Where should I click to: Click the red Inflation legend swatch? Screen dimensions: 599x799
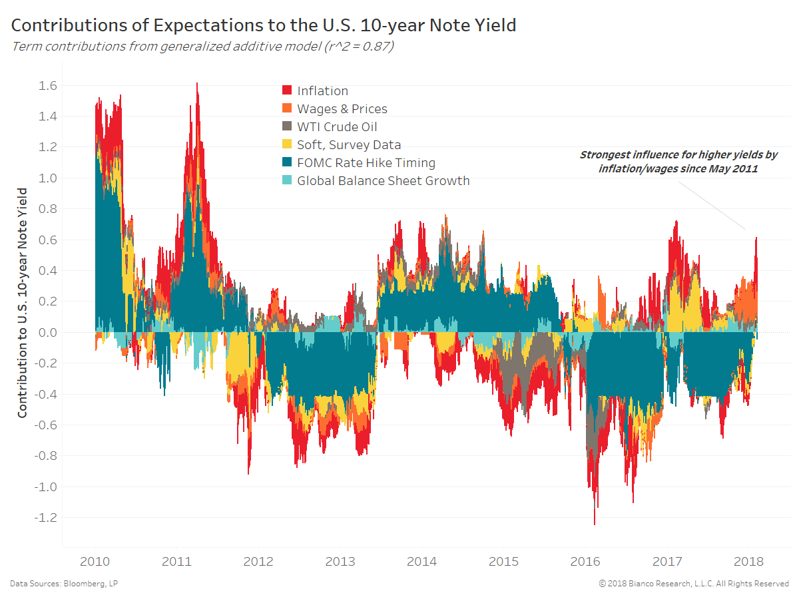click(288, 91)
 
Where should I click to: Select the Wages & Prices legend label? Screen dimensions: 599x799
click(342, 108)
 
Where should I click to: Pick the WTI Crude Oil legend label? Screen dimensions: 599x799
click(337, 126)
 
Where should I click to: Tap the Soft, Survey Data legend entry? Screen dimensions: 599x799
click(349, 144)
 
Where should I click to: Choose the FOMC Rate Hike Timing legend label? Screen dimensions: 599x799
click(366, 162)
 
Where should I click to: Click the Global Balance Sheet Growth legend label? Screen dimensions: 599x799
click(383, 180)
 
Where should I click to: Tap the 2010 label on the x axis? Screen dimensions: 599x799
click(95, 562)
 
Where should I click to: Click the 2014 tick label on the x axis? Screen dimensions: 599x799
click(421, 562)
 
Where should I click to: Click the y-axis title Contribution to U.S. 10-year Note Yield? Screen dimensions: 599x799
click(23, 303)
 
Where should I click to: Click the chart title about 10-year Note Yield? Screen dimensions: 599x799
click(263, 26)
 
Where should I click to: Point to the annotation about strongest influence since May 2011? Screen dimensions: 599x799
click(678, 162)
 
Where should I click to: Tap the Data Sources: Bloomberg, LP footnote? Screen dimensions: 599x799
click(64, 584)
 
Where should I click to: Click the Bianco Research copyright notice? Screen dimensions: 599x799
click(694, 584)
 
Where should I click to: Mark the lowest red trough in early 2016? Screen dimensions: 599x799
click(595, 522)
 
